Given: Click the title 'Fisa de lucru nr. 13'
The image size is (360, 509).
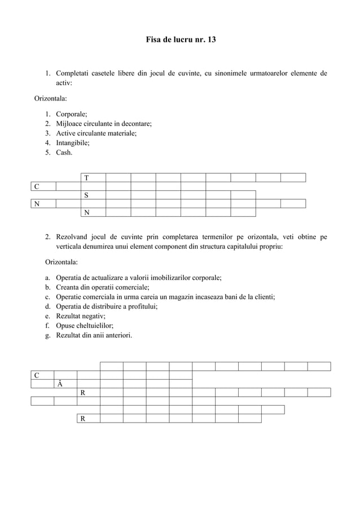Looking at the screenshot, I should [x=180, y=41].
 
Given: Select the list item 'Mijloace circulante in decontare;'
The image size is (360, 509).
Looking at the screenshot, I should [x=103, y=124].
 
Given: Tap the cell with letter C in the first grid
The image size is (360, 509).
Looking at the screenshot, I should [x=43, y=187].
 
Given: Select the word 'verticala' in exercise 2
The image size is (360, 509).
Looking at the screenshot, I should [x=71, y=247].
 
